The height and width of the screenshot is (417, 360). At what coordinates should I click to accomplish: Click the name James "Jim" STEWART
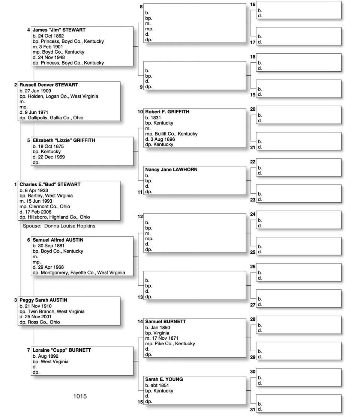[x=59, y=30]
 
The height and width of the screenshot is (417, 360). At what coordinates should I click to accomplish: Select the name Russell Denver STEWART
[x=49, y=85]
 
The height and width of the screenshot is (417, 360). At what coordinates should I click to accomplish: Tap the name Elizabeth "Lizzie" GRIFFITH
[x=64, y=140]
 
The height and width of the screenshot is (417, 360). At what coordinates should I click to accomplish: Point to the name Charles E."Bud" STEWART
[x=50, y=185]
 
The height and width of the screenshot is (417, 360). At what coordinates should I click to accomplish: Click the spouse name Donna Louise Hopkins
[x=69, y=226]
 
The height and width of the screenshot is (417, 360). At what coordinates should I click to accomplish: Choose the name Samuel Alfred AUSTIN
[x=58, y=240]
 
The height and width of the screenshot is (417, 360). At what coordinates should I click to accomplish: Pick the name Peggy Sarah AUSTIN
[x=43, y=300]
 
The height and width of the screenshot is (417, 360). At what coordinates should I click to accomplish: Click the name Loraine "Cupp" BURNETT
[x=62, y=350]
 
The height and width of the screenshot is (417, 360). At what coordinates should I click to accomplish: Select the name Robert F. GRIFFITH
[x=167, y=112]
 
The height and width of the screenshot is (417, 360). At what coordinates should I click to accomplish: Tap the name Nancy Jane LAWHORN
[x=171, y=170]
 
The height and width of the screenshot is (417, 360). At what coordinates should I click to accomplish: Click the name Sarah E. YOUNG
[x=164, y=379]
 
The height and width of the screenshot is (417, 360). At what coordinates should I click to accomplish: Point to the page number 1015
[x=80, y=396]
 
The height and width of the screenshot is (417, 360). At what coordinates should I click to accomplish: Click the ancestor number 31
[x=253, y=409]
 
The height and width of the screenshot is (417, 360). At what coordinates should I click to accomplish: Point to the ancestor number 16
[x=253, y=5]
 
